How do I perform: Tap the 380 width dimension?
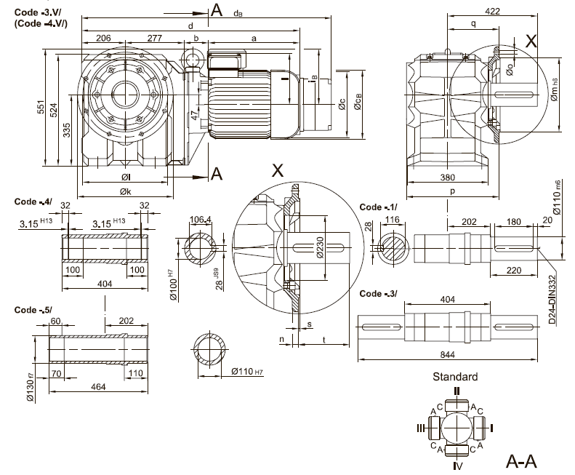449,177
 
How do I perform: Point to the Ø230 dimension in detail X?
318,247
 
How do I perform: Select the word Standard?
455,377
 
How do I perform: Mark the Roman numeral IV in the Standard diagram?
456,465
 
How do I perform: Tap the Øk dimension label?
127,192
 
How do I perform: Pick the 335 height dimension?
66,130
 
